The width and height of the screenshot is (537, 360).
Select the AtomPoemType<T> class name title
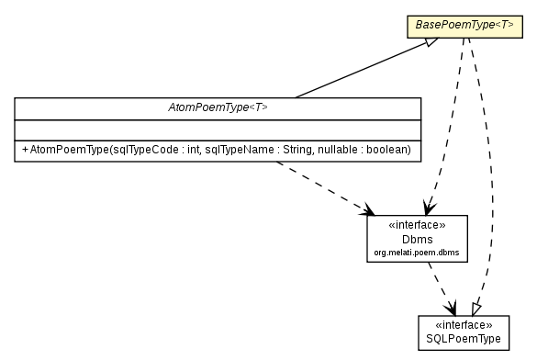pos(218,107)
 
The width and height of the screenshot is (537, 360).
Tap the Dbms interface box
pos(417,238)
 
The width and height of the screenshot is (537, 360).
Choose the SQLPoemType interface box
pos(464,332)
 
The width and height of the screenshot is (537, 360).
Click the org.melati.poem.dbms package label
pos(417,252)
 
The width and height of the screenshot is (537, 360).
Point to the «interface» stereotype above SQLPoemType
pos(464,325)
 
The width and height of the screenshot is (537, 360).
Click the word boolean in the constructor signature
pos(389,149)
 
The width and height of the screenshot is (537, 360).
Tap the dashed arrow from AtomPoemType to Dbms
pos(321,189)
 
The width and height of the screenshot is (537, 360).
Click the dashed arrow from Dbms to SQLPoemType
pos(441,287)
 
